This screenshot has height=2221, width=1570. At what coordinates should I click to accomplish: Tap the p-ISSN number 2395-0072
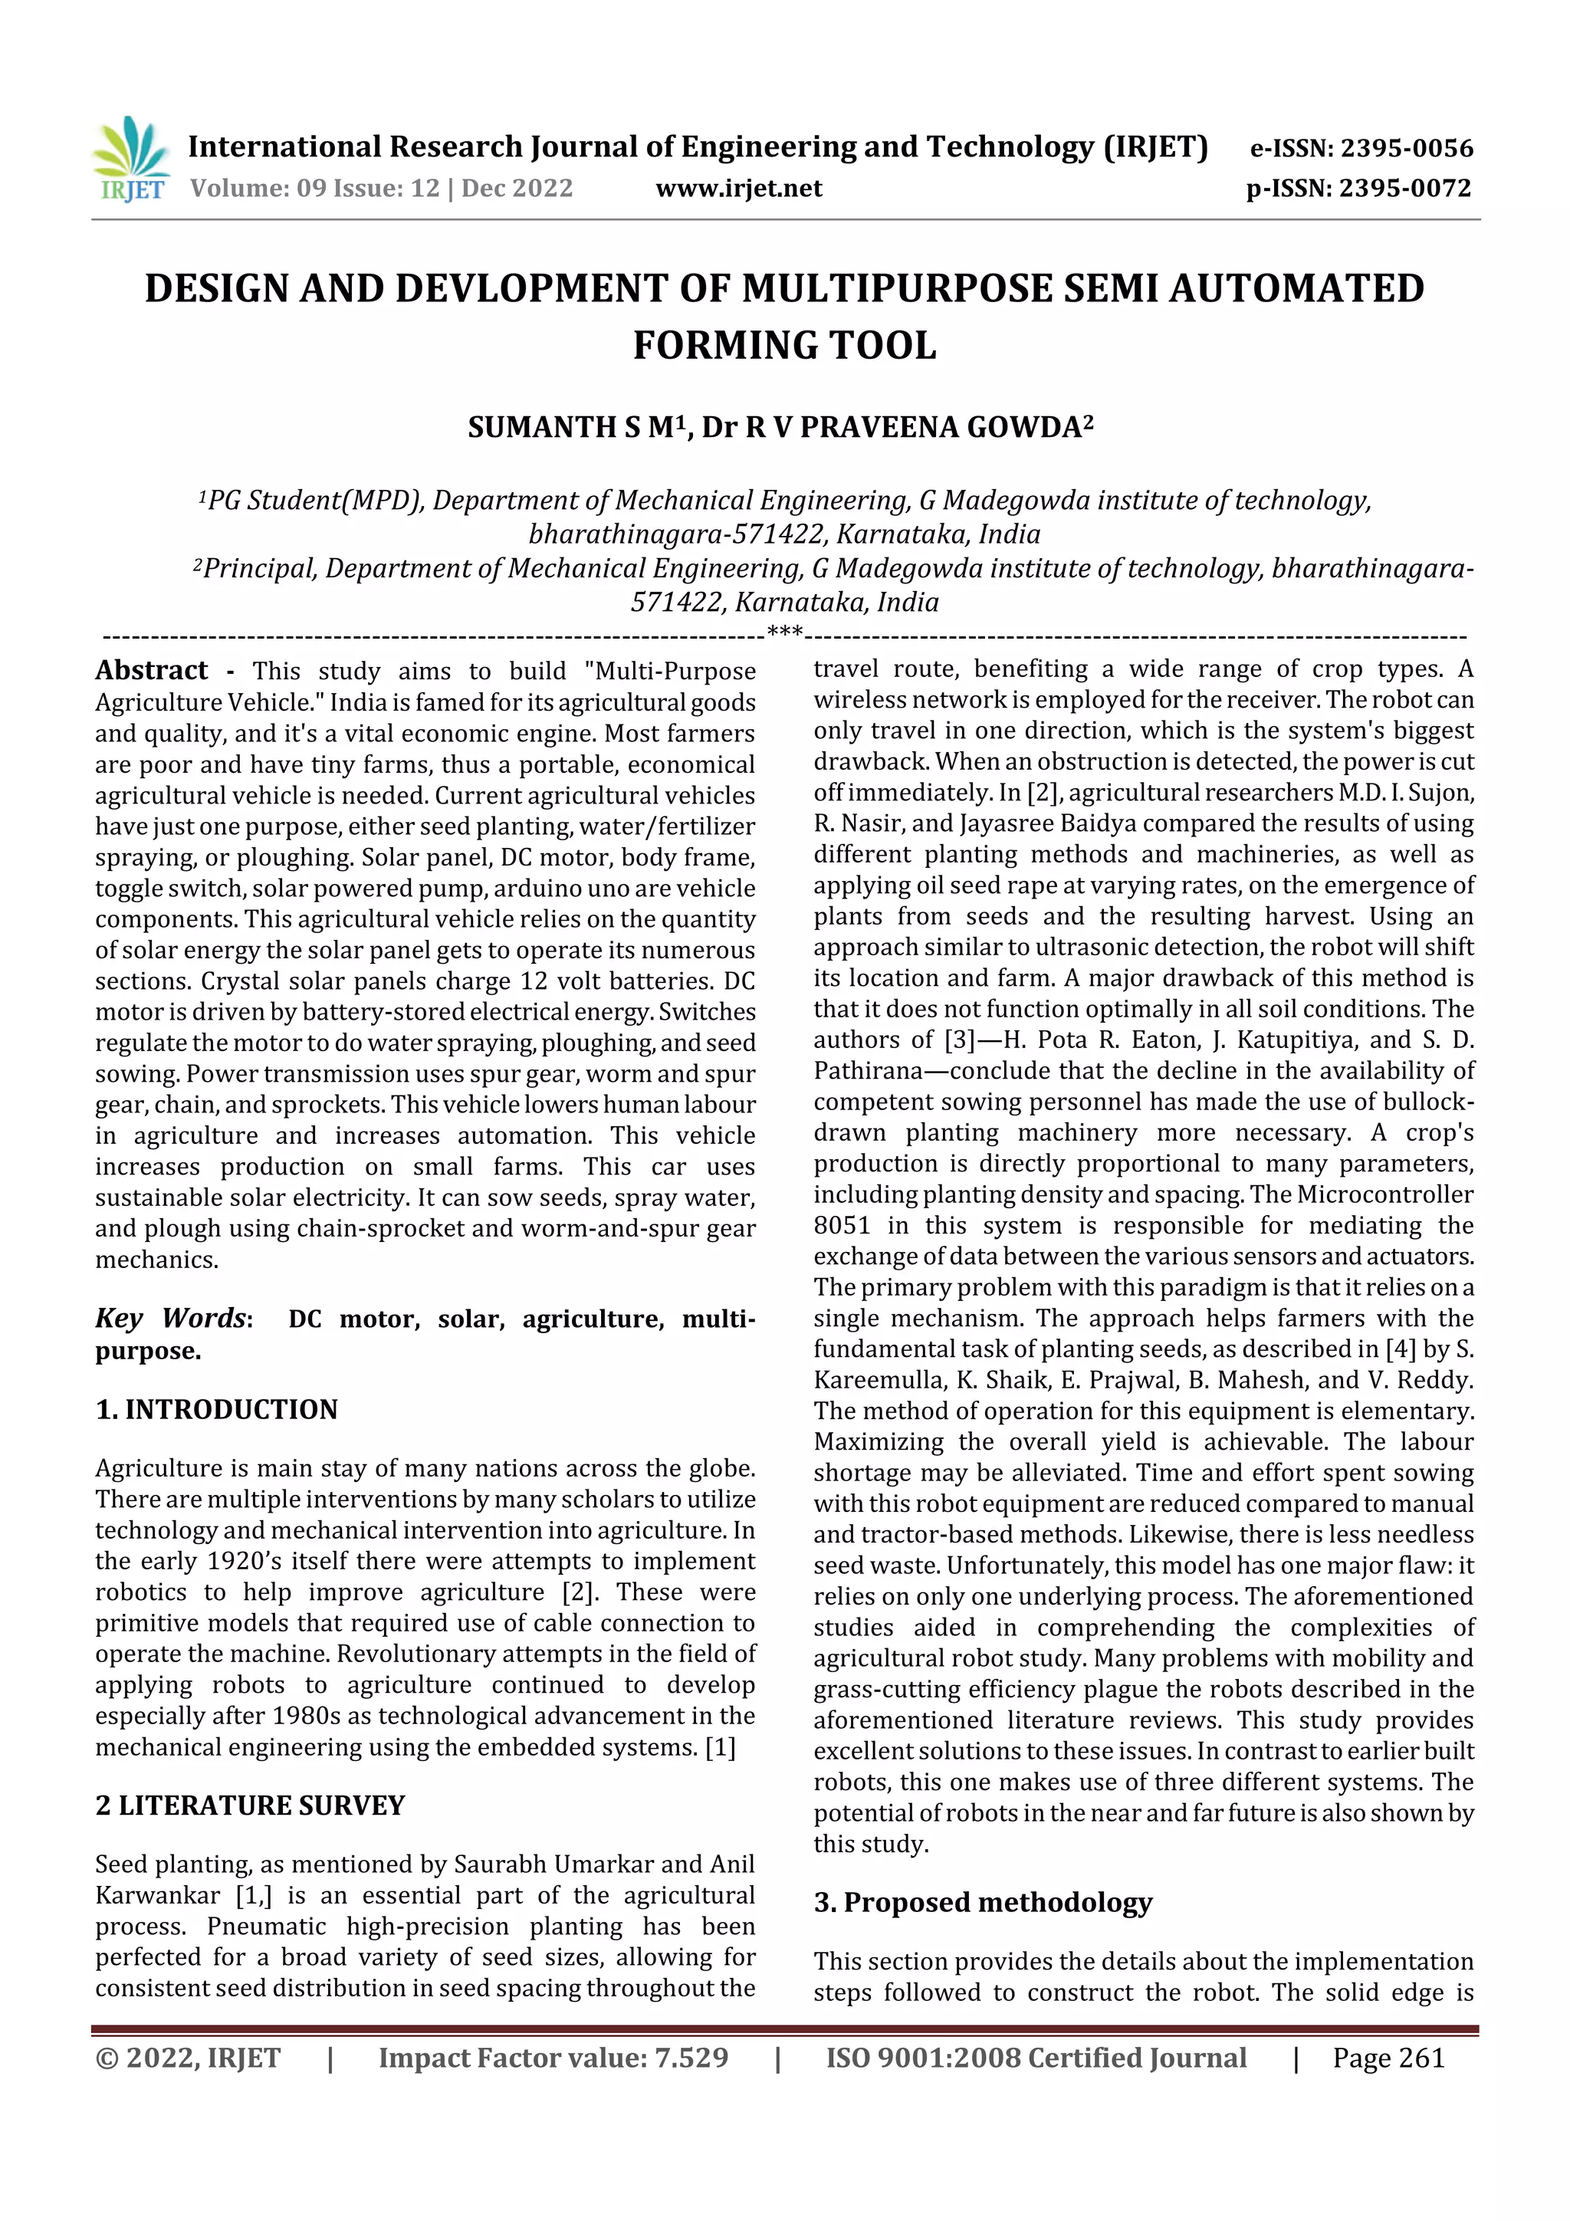(x=1404, y=188)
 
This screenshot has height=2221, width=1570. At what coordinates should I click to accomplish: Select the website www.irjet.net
(x=738, y=188)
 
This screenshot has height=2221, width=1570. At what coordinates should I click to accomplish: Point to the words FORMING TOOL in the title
(x=784, y=345)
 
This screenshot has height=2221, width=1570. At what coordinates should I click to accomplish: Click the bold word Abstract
(x=151, y=670)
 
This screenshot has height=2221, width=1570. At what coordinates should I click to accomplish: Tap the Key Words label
(x=172, y=1318)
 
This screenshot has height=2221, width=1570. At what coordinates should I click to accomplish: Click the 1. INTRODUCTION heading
(x=217, y=1409)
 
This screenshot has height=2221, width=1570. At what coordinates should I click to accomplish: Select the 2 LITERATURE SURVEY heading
(x=250, y=1805)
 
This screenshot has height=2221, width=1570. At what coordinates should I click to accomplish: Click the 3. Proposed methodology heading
(x=983, y=1902)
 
